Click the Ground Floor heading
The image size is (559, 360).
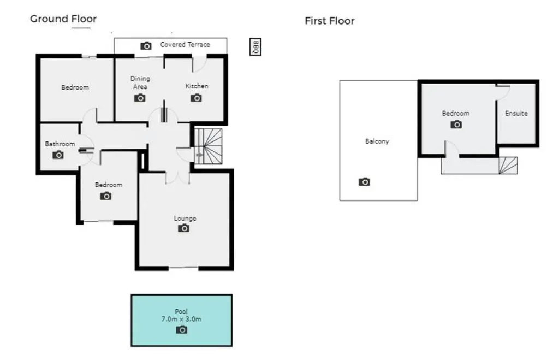(63, 19)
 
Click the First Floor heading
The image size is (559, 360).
(329, 21)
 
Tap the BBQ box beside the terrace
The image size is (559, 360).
(255, 47)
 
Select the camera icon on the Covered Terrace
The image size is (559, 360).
(146, 46)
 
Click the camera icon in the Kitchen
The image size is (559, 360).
(196, 98)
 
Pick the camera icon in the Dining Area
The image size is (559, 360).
(140, 98)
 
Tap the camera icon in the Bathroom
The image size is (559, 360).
(58, 155)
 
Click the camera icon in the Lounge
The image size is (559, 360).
(183, 228)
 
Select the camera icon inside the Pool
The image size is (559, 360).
(181, 330)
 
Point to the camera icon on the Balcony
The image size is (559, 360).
(364, 182)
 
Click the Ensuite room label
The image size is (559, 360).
(516, 114)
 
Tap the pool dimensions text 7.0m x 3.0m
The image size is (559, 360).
(181, 320)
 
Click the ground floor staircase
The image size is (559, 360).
(208, 146)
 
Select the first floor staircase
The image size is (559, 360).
(508, 166)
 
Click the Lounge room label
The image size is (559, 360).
(185, 219)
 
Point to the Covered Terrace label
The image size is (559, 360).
(185, 45)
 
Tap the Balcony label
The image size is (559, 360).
(377, 141)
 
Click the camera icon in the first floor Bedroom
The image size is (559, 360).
(456, 125)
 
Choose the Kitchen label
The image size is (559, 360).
(197, 86)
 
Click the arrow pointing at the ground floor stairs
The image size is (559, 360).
(199, 155)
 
